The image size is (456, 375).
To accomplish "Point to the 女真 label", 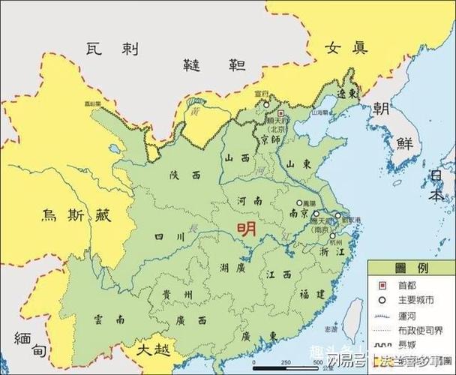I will click(346, 48).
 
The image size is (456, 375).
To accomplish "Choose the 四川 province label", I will click(169, 237).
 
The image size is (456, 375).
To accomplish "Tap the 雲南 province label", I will click(109, 319).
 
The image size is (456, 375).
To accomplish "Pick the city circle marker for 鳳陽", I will click(299, 202).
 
